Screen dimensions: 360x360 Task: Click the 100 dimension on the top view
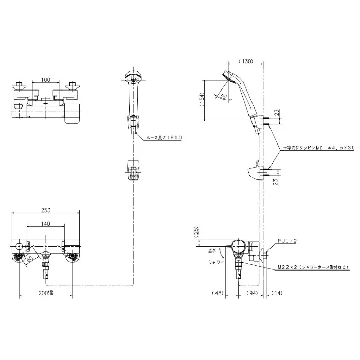[x=45, y=80]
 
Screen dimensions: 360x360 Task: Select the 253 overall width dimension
[x=45, y=210]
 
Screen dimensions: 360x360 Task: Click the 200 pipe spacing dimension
[x=47, y=293]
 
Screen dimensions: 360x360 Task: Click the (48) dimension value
[x=218, y=293]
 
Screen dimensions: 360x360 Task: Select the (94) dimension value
[x=251, y=293]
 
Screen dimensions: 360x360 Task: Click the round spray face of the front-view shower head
[x=133, y=79]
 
